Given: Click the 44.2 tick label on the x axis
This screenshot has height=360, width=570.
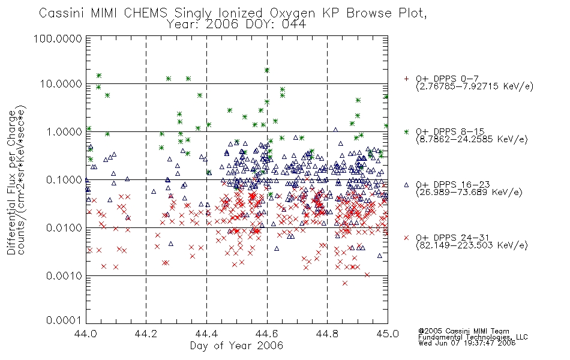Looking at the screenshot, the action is point(146,334).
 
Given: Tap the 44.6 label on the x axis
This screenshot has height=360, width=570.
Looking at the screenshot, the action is point(267,334).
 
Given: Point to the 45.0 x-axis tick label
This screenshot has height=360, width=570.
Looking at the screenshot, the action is point(388,334).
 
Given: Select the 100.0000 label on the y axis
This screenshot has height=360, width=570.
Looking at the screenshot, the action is point(58,38).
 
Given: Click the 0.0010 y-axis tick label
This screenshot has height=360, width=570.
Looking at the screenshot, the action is point(64,276).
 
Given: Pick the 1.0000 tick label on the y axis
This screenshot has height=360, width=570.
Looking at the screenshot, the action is point(64,131).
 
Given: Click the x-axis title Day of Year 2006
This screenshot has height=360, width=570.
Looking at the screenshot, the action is point(236,346).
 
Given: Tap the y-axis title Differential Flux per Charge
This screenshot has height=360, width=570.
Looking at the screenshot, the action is point(11,182).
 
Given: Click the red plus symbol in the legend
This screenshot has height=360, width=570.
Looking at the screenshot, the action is point(406,79).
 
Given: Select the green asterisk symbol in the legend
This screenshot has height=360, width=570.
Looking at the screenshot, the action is point(406,131).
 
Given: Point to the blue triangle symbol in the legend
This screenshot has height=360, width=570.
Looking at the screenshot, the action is point(406,185).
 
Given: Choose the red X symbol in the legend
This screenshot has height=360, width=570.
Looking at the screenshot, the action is point(406,238).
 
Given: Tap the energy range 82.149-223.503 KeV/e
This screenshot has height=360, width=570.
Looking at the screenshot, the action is point(472,245).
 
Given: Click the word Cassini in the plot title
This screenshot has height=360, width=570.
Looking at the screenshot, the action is point(61,13).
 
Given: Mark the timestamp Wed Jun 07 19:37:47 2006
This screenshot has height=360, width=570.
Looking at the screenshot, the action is point(467,343).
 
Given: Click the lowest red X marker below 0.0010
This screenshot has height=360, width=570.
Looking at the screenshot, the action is point(345,283).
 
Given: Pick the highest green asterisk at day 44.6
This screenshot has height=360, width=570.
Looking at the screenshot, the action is point(267,70).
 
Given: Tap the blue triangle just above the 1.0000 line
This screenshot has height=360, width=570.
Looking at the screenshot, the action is point(335,130).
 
